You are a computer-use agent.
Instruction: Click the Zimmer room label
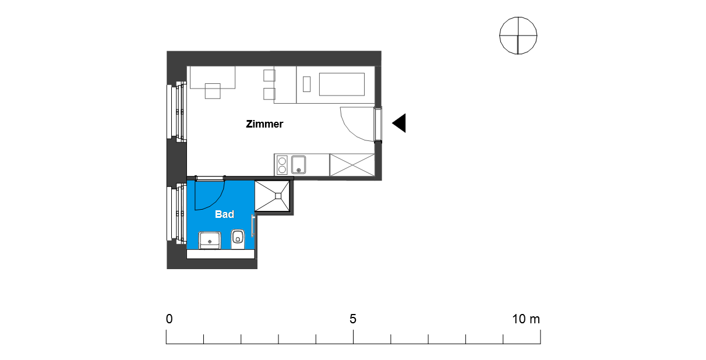(x=264, y=124)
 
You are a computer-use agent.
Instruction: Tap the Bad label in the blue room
(x=224, y=214)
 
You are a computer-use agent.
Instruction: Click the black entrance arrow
(x=399, y=123)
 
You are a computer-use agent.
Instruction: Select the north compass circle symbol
(x=518, y=36)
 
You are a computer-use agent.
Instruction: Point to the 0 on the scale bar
(x=170, y=319)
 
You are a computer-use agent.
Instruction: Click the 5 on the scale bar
(x=353, y=319)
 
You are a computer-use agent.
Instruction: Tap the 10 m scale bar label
(x=526, y=319)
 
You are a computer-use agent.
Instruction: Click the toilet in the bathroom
(x=238, y=239)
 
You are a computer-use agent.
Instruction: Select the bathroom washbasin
(x=210, y=240)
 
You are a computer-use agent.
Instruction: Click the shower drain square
(x=278, y=196)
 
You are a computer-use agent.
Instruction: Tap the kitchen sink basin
(x=298, y=164)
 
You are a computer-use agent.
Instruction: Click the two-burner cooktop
(x=282, y=165)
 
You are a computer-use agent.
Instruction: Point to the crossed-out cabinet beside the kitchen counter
(x=352, y=165)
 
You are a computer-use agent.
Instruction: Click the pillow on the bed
(x=306, y=84)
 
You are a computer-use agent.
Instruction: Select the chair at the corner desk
(x=213, y=91)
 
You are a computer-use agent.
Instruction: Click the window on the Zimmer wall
(x=177, y=112)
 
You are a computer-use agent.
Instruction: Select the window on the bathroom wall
(x=177, y=213)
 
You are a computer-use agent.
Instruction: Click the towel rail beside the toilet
(x=252, y=225)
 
